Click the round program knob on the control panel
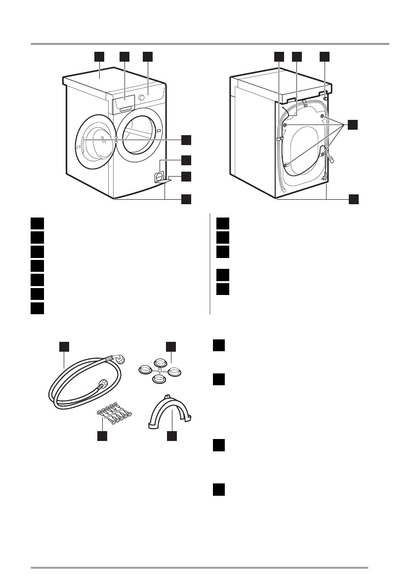[142, 98]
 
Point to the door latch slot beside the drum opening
[159, 131]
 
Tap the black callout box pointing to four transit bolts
[352, 125]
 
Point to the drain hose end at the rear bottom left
[283, 189]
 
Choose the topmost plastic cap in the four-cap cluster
[160, 362]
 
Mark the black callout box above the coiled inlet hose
[64, 346]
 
